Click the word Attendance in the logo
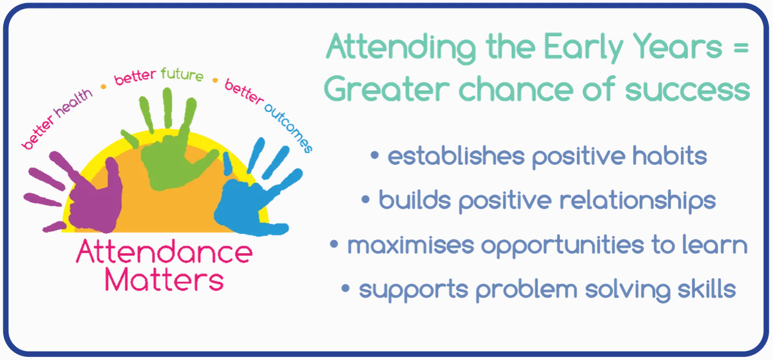pos(164,252)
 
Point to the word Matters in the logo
pos(164,279)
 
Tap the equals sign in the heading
pos(741,48)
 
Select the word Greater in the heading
pos(387,89)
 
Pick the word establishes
pos(456,155)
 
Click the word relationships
pos(637,201)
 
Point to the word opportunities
pos(562,246)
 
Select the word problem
pos(526,290)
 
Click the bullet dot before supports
pos(345,288)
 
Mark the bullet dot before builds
pos(365,199)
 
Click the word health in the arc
pos(73,103)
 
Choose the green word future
pos(182,74)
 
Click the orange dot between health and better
pos(103,87)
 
